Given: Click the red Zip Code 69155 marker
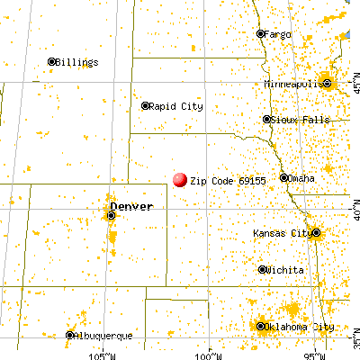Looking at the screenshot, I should [180, 180].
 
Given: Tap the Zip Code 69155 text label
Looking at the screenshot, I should [228, 180].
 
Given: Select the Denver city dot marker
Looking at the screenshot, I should [111, 215].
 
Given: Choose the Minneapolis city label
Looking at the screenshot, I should [293, 84].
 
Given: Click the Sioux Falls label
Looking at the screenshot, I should [293, 119].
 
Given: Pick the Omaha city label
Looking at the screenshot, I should [301, 178].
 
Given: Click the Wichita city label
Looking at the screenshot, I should [283, 269].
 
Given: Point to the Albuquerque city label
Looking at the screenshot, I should [103, 336].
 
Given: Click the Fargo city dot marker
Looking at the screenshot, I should [260, 34].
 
